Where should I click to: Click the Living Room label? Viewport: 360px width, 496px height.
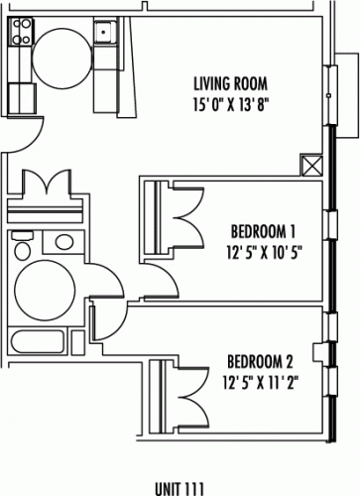click(230, 83)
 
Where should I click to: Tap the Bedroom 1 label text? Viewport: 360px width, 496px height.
click(263, 231)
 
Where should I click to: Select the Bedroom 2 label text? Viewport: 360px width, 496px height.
click(260, 361)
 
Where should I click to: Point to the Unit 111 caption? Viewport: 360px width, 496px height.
click(180, 489)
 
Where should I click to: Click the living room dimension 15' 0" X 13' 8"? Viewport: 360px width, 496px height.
click(230, 105)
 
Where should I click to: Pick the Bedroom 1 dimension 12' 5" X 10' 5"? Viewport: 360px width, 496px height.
click(265, 253)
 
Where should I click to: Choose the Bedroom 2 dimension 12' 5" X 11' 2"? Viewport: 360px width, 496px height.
click(261, 383)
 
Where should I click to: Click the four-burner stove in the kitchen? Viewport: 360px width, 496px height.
click(22, 32)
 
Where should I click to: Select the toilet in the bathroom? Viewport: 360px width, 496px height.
click(23, 246)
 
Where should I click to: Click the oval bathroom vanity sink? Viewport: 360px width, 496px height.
click(64, 242)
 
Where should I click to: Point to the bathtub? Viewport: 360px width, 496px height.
click(37, 342)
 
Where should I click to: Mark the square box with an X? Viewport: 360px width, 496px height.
click(311, 166)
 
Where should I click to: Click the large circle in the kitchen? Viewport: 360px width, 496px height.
click(61, 57)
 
